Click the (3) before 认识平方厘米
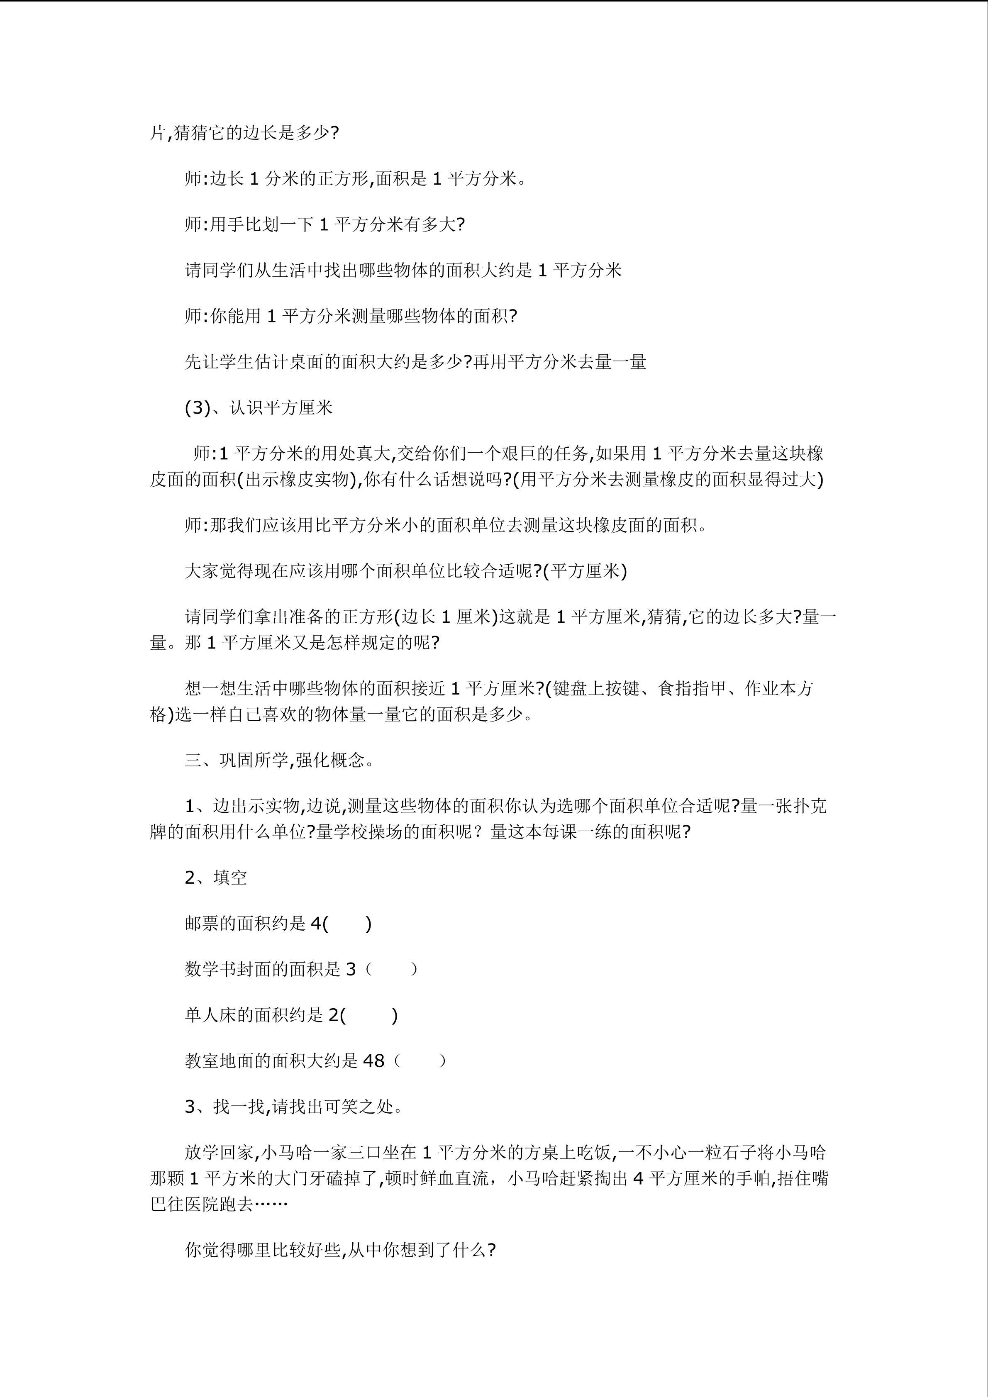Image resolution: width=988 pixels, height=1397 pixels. [x=198, y=408]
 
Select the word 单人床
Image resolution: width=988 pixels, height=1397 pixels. [x=210, y=1015]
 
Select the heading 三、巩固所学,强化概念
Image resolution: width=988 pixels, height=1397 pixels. [x=279, y=761]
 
